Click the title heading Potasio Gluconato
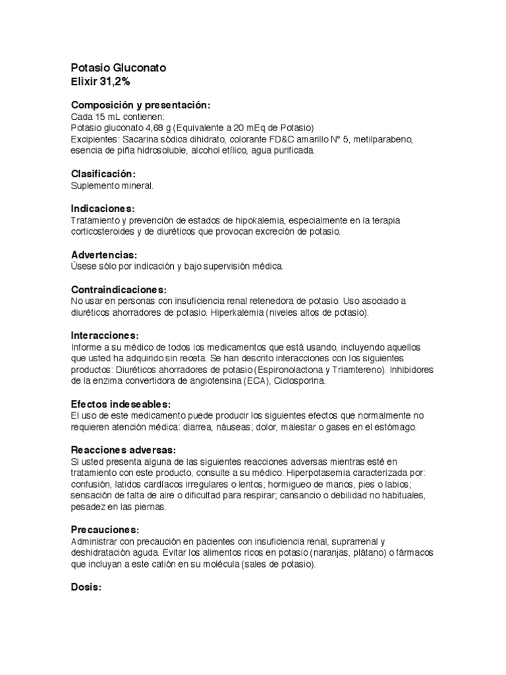pos(119,68)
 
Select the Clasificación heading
pos(103,174)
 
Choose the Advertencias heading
pos(104,255)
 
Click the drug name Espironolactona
pos(293,370)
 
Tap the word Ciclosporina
pos(296,381)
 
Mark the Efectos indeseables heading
pos(121,404)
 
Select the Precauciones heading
pos(105,530)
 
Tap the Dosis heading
pos(86,587)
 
